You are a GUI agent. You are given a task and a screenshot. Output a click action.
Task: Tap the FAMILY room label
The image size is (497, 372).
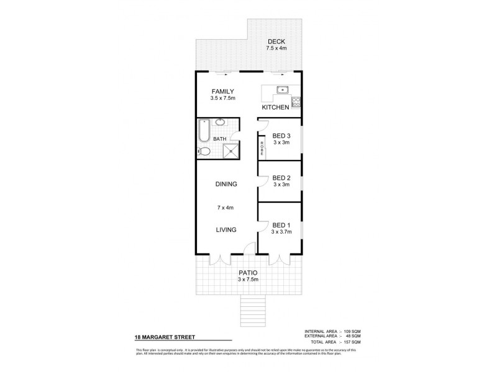(222, 92)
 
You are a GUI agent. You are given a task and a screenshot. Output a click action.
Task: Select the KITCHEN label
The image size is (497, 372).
(275, 107)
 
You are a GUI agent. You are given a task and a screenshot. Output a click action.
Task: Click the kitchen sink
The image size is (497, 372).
(283, 90)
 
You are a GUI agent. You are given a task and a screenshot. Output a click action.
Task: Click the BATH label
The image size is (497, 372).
(220, 139)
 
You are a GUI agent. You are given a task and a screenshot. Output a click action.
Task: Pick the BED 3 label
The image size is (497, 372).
(281, 136)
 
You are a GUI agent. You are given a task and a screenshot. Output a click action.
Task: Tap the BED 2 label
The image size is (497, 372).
(281, 177)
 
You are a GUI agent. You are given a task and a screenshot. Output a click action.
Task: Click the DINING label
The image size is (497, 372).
(227, 184)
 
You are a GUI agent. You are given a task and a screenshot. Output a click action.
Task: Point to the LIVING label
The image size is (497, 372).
(226, 230)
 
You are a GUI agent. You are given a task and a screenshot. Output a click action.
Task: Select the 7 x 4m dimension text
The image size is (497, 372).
(225, 208)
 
